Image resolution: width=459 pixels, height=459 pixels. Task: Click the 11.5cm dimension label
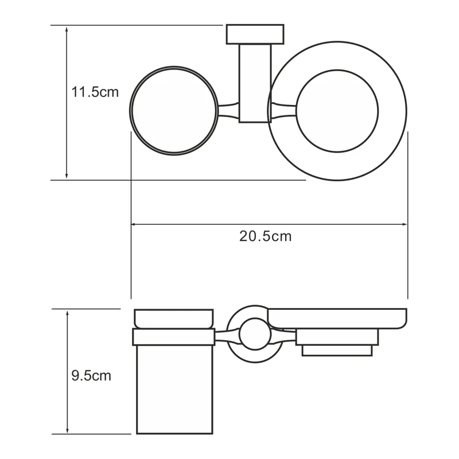point(95,91)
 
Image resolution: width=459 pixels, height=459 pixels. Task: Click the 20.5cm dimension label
point(266,236)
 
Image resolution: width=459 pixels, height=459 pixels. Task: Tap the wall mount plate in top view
point(255,34)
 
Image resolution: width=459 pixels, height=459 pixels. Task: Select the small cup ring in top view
point(174,111)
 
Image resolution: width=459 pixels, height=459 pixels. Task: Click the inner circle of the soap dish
point(338,111)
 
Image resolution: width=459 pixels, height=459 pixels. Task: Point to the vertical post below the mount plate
point(255,83)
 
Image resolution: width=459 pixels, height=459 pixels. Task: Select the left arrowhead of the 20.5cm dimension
point(136,224)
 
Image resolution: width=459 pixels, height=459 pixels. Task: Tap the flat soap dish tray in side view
point(339,318)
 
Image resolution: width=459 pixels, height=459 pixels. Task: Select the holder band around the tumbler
point(174,337)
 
